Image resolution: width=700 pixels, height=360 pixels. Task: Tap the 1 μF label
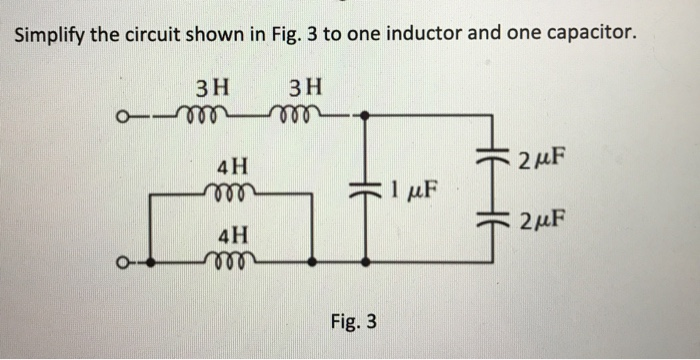(x=411, y=187)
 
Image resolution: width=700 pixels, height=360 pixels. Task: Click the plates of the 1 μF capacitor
(x=364, y=187)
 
